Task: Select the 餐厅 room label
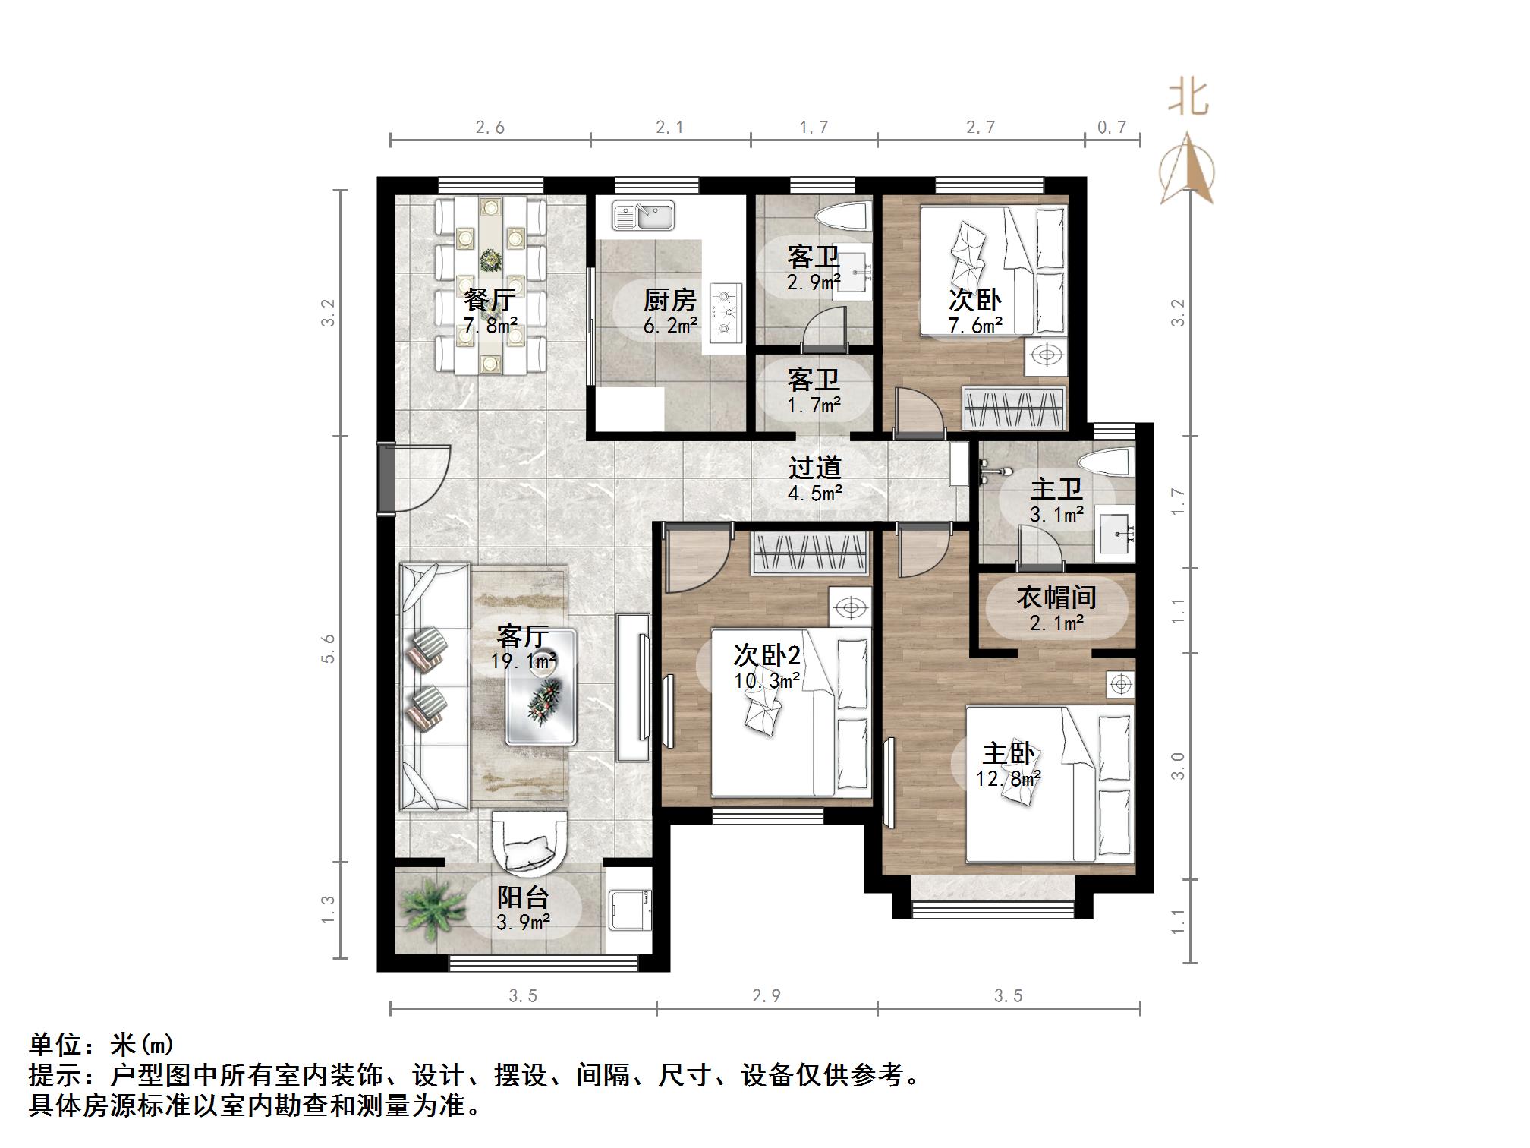pyautogui.click(x=490, y=301)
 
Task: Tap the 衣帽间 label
pyautogui.click(x=1056, y=598)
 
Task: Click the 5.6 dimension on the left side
pyautogui.click(x=328, y=649)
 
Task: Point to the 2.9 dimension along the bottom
pyautogui.click(x=767, y=995)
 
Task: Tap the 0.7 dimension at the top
pyautogui.click(x=1112, y=127)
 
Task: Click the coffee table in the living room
pyautogui.click(x=542, y=687)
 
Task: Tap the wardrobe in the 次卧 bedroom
pyautogui.click(x=1013, y=408)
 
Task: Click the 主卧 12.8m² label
pyautogui.click(x=1008, y=765)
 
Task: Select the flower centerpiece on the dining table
pyautogui.click(x=490, y=260)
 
